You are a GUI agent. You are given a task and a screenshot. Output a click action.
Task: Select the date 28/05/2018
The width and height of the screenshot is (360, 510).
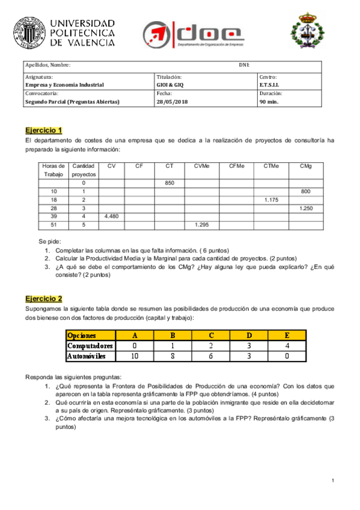(172, 102)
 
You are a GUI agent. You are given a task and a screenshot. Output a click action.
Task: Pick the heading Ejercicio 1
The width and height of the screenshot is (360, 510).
(44, 130)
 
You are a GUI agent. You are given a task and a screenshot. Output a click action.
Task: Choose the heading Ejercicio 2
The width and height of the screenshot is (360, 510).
(44, 298)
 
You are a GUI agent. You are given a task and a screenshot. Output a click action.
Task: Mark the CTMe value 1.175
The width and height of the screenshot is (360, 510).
(271, 199)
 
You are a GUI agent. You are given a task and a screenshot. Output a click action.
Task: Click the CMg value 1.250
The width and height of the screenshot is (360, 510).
(305, 207)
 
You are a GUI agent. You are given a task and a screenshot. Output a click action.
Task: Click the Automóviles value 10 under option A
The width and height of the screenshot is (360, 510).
(135, 356)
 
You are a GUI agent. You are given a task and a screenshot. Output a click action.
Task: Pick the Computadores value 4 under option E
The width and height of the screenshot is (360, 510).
(288, 346)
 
